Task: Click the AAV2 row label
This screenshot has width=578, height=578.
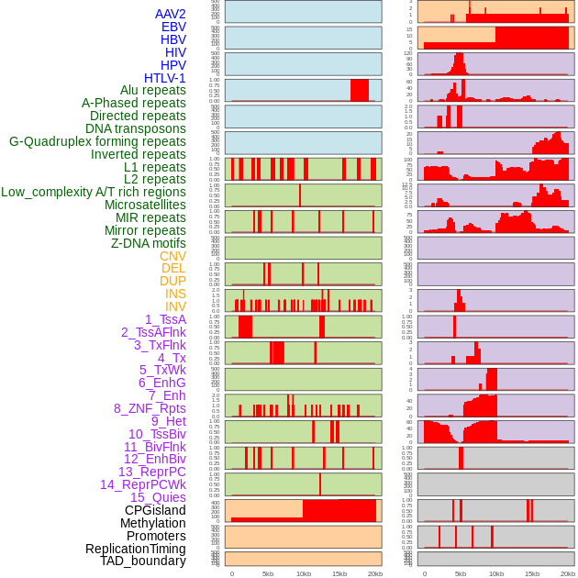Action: [x=170, y=14]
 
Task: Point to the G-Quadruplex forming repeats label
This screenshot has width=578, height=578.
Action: [x=97, y=141]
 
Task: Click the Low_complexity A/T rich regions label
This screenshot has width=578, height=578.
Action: [x=93, y=192]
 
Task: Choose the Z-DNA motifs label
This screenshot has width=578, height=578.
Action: [x=148, y=243]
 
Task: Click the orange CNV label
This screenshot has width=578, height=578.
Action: [x=172, y=256]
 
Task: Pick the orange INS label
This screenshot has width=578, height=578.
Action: [x=175, y=294]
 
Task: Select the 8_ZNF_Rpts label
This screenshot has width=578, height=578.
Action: [x=150, y=408]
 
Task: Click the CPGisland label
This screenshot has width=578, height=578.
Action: [x=155, y=510]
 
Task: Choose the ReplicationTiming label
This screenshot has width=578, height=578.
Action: [x=135, y=549]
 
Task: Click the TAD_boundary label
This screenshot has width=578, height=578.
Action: [x=142, y=561]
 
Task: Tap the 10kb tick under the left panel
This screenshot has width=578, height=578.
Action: [x=303, y=573]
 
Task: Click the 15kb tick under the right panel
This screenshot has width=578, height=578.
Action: [x=531, y=573]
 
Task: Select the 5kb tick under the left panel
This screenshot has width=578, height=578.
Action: [x=267, y=573]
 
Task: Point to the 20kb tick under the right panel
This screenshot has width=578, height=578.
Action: [x=567, y=573]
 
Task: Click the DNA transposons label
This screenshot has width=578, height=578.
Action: [x=135, y=128]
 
